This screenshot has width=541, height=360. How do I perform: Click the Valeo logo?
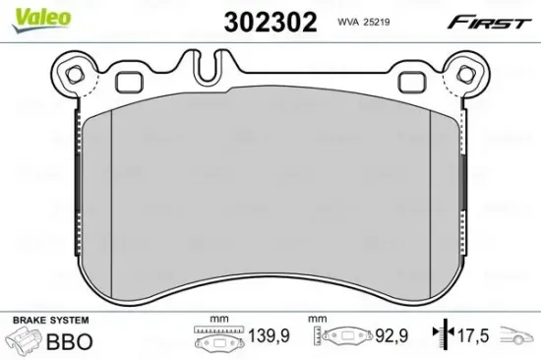click(x=26, y=13)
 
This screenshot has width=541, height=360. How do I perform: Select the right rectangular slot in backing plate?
click(x=408, y=80)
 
